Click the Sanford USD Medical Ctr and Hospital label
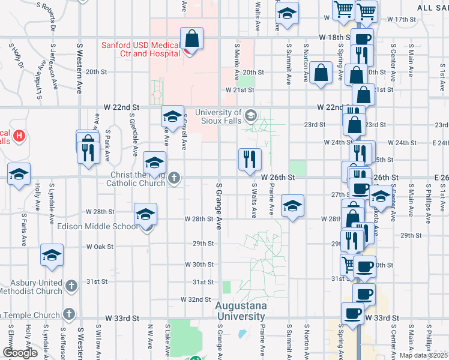(140, 49)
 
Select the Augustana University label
(241, 310)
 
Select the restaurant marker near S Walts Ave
(250, 159)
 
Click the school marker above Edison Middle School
(146, 214)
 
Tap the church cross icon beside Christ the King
(174, 178)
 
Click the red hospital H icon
(19, 136)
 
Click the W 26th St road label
(279, 178)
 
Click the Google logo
(20, 353)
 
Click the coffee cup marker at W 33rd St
(352, 313)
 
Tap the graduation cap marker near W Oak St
(52, 255)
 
